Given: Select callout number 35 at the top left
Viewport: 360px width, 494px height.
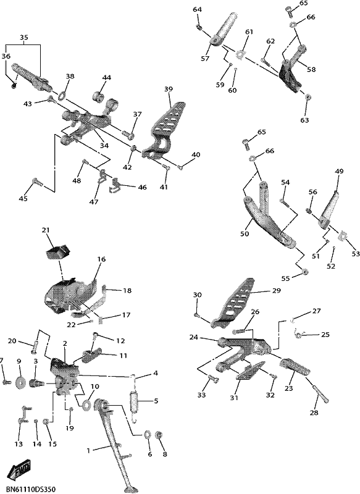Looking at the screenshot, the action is coord(24,37).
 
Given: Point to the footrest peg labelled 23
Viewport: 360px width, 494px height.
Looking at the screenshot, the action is coord(291,367).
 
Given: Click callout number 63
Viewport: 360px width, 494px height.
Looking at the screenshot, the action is coord(304,120).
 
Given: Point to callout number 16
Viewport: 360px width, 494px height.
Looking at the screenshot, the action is coord(101,259).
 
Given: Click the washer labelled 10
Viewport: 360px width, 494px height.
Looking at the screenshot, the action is coord(86,404).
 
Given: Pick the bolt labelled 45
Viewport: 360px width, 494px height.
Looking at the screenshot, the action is coord(36,183).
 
